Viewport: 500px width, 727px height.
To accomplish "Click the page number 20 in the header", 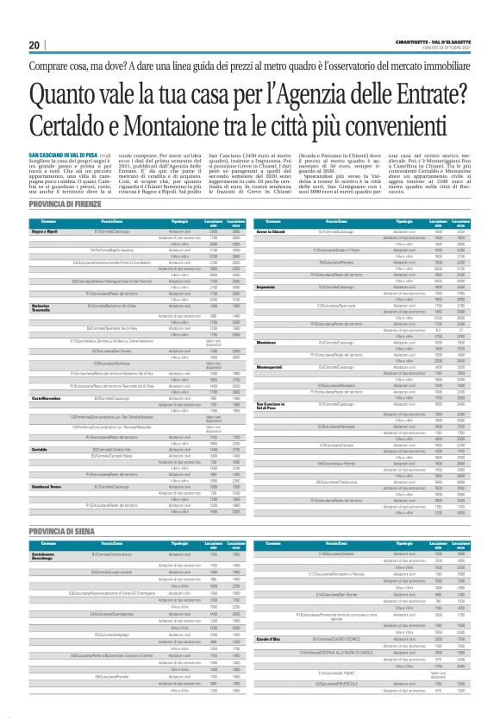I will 34,45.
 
